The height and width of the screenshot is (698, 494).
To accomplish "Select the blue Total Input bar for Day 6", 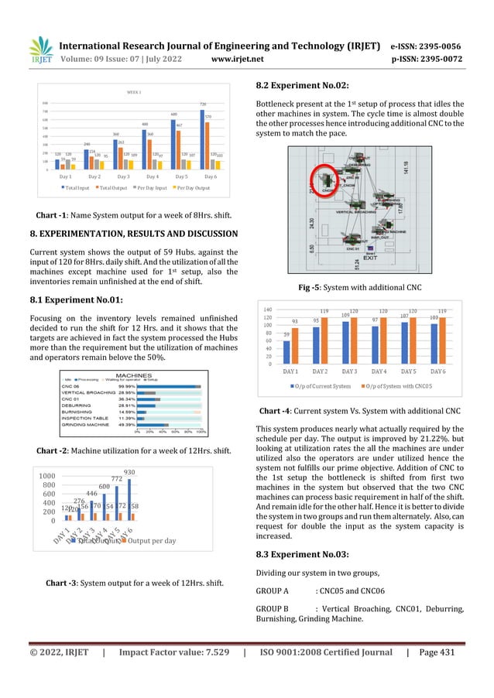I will (203, 139).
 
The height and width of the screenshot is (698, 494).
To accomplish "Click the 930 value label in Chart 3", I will (130, 471).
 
